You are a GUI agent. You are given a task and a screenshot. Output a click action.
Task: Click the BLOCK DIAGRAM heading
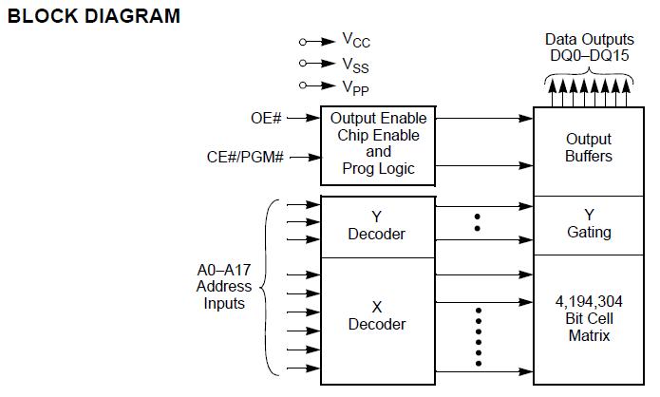click(93, 16)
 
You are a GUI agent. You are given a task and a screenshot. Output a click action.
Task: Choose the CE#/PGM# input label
click(246, 157)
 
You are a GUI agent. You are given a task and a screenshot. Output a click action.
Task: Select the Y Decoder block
click(378, 226)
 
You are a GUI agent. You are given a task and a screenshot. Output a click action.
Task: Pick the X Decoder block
click(378, 316)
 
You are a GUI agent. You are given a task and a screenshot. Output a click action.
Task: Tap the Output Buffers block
click(589, 148)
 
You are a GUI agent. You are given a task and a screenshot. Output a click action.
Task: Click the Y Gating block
click(589, 224)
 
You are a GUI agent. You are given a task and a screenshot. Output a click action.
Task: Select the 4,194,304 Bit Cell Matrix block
click(589, 319)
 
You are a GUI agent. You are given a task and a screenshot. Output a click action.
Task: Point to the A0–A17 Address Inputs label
click(224, 286)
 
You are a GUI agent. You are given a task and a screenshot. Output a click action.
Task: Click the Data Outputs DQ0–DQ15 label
click(589, 47)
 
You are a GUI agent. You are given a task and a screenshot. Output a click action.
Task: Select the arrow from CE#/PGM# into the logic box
click(305, 158)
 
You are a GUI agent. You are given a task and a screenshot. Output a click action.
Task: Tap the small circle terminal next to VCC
click(303, 42)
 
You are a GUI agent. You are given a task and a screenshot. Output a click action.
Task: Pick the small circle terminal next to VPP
click(303, 85)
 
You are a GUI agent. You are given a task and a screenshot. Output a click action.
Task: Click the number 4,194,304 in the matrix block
click(589, 302)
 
